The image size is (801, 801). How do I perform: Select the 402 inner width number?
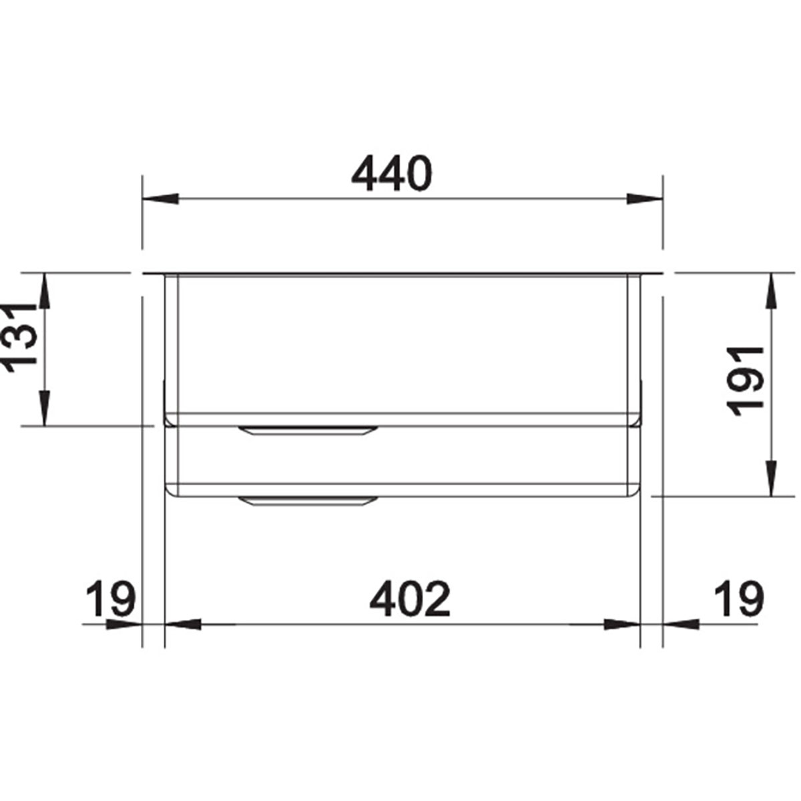(x=411, y=599)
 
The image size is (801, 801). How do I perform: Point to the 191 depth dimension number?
(x=747, y=381)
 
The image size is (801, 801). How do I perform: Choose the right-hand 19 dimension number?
(x=738, y=599)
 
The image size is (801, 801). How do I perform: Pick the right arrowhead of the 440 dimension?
(x=645, y=198)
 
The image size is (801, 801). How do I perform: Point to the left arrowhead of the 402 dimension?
(x=182, y=625)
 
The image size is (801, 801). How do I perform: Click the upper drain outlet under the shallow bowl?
(x=308, y=430)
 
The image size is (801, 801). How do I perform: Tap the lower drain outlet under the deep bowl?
(x=308, y=501)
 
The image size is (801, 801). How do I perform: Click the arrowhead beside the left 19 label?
(x=127, y=625)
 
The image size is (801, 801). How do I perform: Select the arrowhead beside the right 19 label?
(x=680, y=625)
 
